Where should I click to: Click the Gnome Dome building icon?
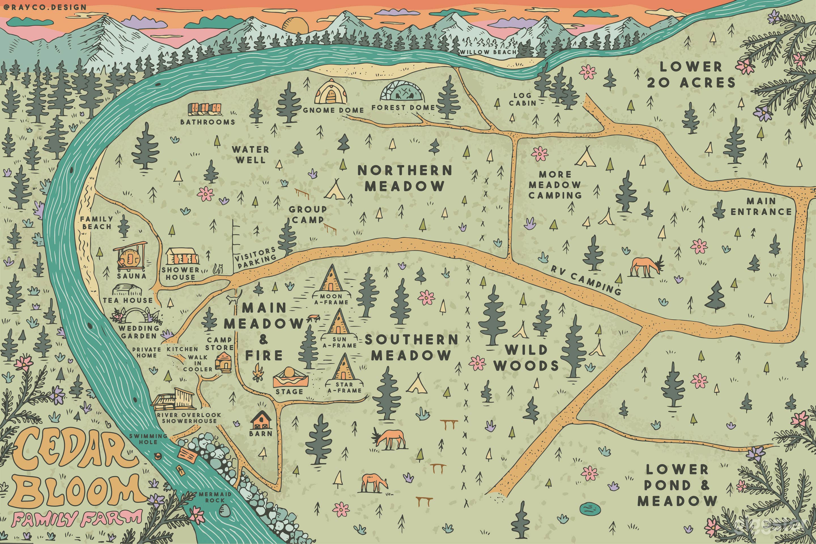[x=331, y=92]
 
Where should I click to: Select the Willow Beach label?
[x=488, y=52]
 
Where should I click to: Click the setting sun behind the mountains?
[x=295, y=26]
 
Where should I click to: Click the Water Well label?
[x=250, y=155]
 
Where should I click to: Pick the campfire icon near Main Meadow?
[x=258, y=373]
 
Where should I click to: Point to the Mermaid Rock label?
[x=215, y=497]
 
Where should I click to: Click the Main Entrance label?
[x=761, y=207]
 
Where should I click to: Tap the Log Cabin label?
[x=522, y=99]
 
